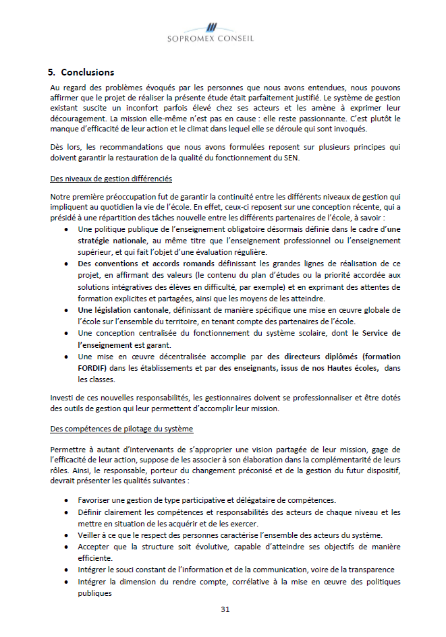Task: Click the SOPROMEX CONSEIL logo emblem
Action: [x=211, y=28]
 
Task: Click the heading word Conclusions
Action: [x=87, y=72]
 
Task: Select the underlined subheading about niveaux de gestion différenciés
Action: [x=111, y=179]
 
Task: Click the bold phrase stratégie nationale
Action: [x=112, y=240]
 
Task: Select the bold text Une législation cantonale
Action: [x=123, y=309]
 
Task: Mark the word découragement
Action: [x=79, y=118]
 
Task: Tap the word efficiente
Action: [x=94, y=558]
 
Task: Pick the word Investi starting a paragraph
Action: [x=62, y=398]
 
